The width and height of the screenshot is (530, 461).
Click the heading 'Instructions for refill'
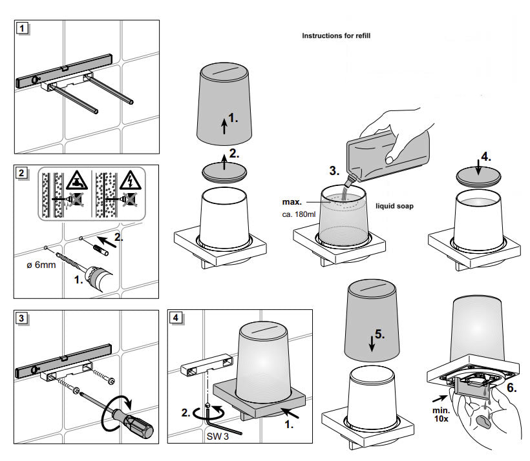tap(336, 36)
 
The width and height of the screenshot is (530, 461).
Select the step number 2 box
tap(23, 173)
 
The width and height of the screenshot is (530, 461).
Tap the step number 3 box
tap(23, 318)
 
